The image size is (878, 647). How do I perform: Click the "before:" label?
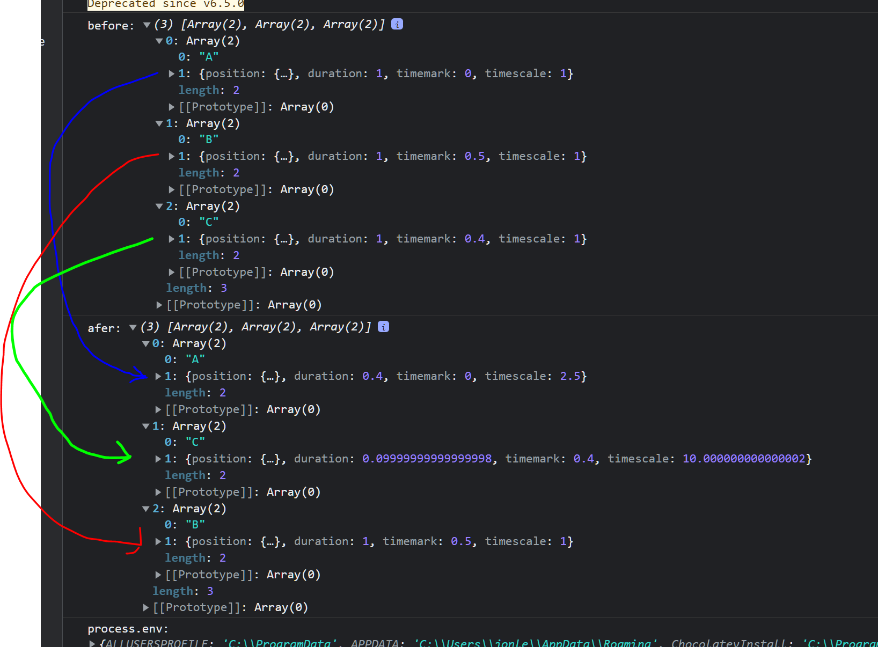111,25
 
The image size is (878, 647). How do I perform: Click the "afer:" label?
104,328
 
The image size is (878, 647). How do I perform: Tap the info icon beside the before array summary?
397,24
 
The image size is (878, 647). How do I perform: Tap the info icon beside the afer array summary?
383,327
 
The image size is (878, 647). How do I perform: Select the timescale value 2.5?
570,376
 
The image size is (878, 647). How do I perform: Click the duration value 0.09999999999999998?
427,459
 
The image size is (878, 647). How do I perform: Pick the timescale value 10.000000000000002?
744,459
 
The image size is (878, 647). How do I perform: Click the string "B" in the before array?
209,139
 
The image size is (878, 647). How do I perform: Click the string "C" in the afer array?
195,442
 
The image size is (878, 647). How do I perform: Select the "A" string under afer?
195,359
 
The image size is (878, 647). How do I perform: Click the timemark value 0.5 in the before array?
474,156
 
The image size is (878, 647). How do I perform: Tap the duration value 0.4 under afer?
372,376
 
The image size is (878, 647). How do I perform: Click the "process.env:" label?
128,629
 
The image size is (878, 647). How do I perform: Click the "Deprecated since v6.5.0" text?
166,4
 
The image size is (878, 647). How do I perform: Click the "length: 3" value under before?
223,288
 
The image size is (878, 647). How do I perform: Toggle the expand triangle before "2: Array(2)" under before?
159,206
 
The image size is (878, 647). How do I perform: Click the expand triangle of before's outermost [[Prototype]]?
159,305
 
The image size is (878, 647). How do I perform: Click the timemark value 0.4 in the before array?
474,239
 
